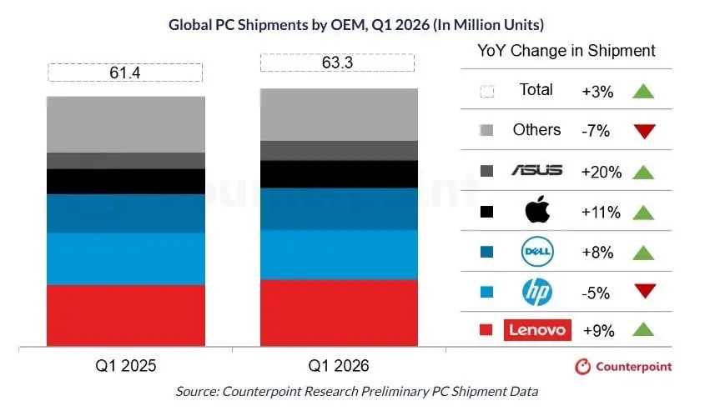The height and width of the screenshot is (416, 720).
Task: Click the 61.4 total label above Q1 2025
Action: (124, 73)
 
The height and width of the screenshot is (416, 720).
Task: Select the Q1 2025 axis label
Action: (125, 366)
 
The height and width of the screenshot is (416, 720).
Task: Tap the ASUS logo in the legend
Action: (536, 171)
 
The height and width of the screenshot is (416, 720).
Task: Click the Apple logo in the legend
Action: (536, 211)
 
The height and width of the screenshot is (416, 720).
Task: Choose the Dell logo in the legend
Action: (536, 251)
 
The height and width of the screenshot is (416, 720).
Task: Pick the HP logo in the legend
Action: (536, 291)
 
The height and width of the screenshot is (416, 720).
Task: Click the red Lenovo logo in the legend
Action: (538, 330)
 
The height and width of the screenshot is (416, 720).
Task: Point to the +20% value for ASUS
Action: (601, 173)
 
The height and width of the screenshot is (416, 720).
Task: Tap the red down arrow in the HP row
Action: (645, 291)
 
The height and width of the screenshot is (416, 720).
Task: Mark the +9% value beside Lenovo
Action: (597, 331)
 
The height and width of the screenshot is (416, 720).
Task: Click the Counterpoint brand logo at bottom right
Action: (623, 366)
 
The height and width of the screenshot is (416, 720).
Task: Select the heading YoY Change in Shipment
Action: (566, 50)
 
